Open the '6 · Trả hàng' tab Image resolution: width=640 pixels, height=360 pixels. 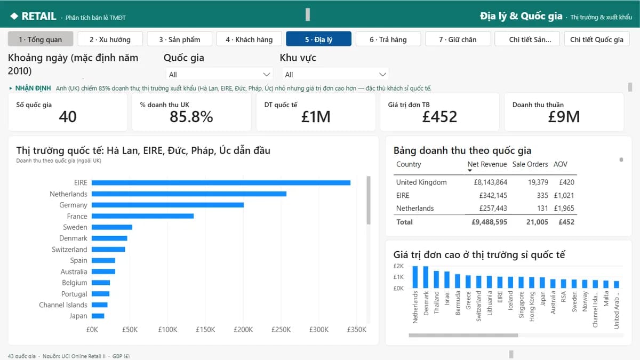tap(388, 39)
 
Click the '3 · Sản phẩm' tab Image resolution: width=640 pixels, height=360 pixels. tap(179, 39)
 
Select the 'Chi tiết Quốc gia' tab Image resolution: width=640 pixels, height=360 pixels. tap(597, 39)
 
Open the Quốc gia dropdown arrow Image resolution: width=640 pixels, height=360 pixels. tap(266, 75)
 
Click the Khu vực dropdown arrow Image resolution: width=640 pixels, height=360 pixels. tap(382, 75)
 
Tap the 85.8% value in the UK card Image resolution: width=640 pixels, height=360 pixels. tap(191, 117)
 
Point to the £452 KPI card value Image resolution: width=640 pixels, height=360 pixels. tap(439, 117)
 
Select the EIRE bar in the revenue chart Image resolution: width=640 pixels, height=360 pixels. tap(221, 183)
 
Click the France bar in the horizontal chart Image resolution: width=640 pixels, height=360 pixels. tap(142, 216)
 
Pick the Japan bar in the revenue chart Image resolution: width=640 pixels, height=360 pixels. tap(98, 316)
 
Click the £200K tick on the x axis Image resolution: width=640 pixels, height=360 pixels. tap(243, 330)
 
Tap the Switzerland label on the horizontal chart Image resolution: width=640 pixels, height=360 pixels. tap(69, 250)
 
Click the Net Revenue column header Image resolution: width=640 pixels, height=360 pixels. tap(487, 164)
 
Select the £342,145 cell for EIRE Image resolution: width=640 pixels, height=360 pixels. tap(493, 195)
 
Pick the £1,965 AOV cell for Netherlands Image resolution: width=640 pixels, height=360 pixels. tap(564, 209)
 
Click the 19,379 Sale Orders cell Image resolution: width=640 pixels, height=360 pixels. tap(538, 182)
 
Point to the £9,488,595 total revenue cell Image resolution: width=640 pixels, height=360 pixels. tap(490, 222)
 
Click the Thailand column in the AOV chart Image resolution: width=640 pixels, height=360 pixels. tap(436, 279)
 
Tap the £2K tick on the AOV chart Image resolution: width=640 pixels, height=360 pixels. tap(398, 266)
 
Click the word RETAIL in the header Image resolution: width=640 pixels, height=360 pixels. tap(39, 17)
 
